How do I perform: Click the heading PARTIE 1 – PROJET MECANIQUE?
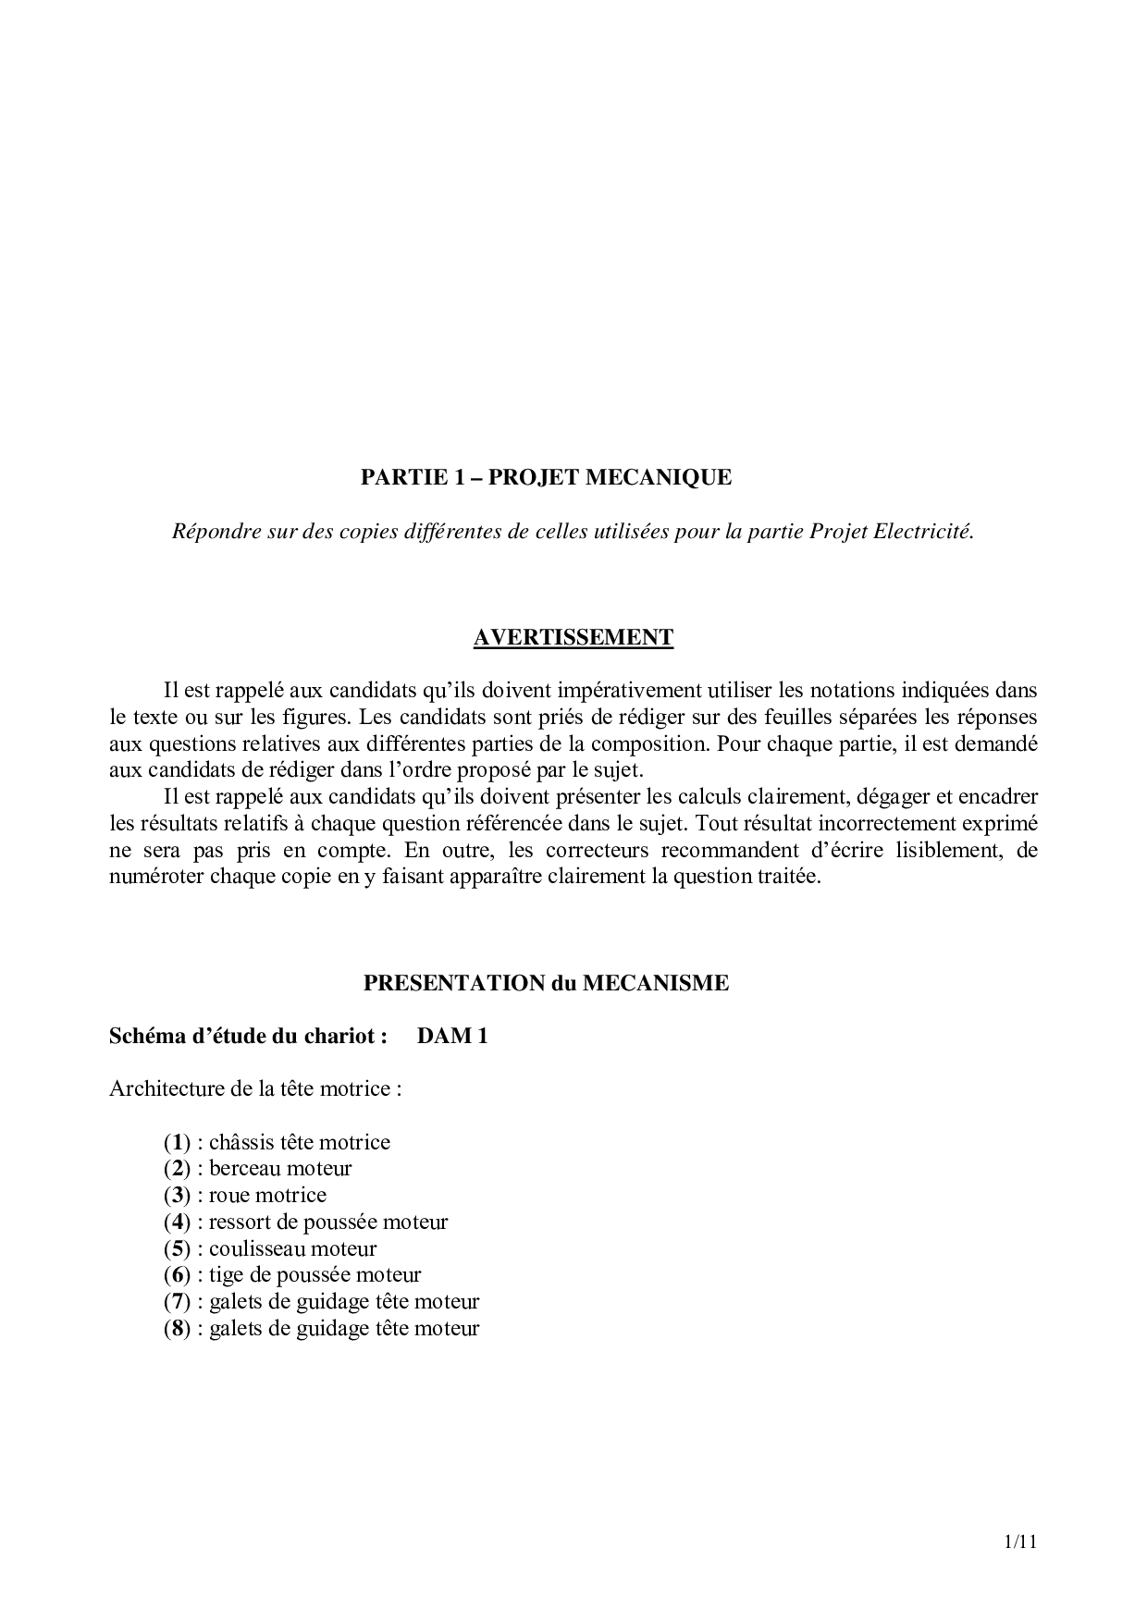click(x=546, y=478)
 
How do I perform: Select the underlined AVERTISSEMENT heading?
click(x=573, y=638)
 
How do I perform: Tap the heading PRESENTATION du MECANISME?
click(x=546, y=983)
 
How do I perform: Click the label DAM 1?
click(x=452, y=1036)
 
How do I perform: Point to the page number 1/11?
click(x=1020, y=1542)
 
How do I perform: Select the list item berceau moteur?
click(x=280, y=1169)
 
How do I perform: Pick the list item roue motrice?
click(x=267, y=1196)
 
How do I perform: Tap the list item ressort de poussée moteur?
click(x=328, y=1222)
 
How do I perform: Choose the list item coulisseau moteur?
click(x=292, y=1248)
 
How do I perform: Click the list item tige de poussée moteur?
click(x=314, y=1275)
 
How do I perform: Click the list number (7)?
click(x=177, y=1302)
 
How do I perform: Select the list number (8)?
click(x=177, y=1329)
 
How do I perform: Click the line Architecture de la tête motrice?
click(x=255, y=1088)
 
